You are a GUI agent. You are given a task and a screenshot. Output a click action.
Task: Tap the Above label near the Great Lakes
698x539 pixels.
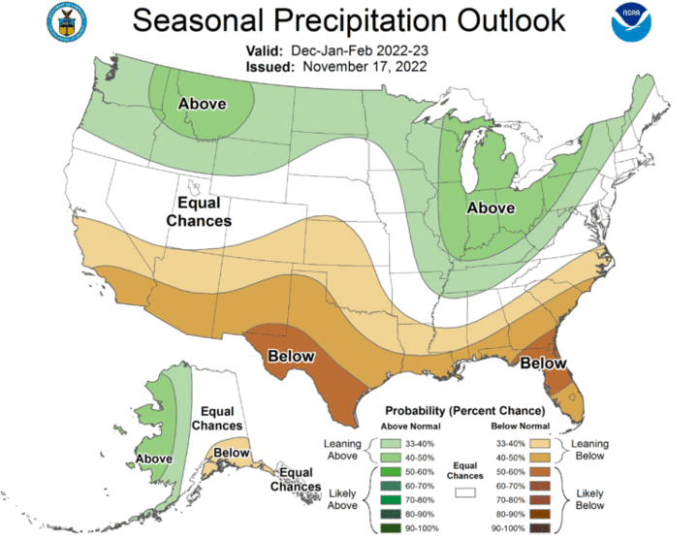[491, 207]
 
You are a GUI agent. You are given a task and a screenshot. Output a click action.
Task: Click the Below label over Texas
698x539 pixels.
[291, 356]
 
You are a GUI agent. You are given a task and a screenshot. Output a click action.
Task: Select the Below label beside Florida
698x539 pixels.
[543, 363]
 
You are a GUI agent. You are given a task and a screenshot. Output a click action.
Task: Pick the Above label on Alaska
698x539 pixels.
[154, 458]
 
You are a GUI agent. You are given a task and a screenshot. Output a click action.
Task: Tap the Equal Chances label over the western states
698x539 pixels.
[199, 211]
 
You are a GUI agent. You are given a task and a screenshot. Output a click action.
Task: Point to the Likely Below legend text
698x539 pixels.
[590, 498]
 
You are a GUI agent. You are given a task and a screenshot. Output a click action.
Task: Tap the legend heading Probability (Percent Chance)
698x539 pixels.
[465, 410]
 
